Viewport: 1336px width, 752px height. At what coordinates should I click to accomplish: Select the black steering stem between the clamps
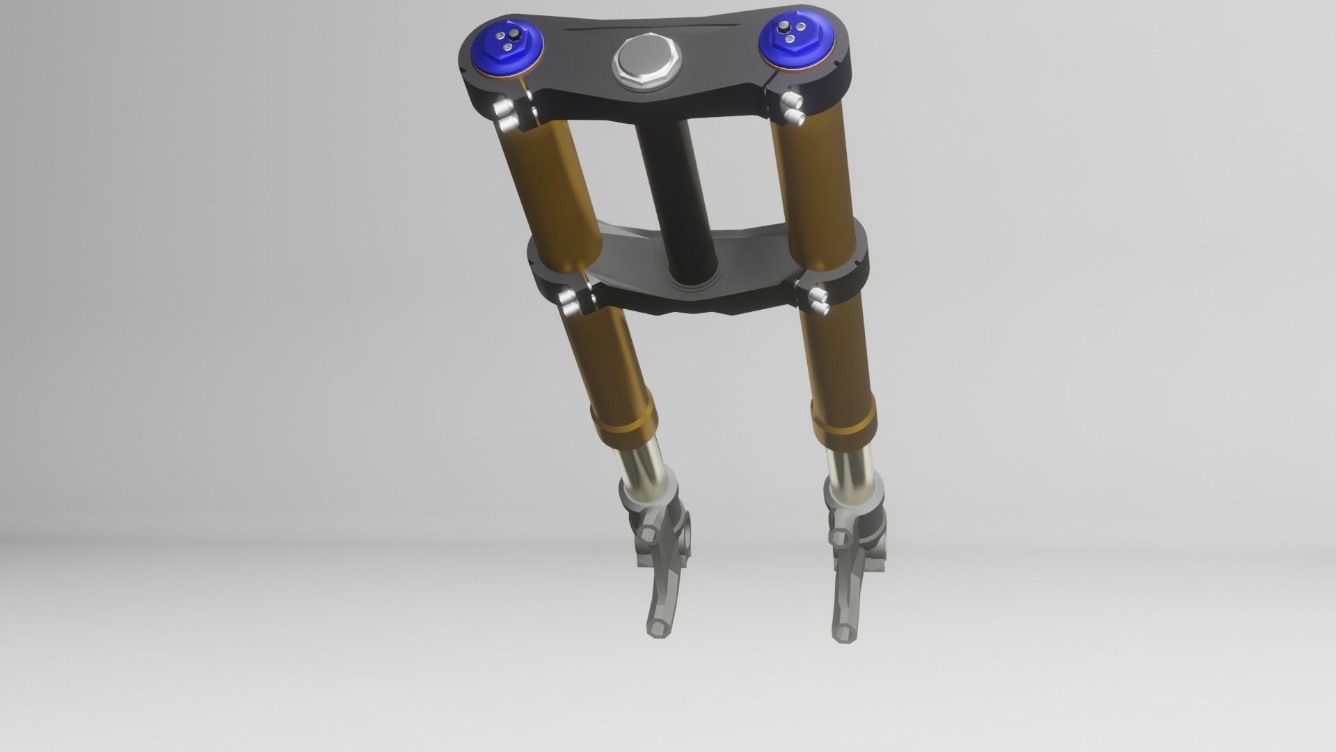671,202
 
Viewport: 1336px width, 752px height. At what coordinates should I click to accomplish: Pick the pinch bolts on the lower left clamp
573,303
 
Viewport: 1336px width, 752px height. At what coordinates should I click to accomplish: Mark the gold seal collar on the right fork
843,426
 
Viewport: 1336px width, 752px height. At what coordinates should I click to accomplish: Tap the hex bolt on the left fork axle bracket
648,535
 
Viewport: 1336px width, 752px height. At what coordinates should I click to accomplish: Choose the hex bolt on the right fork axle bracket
839,538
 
